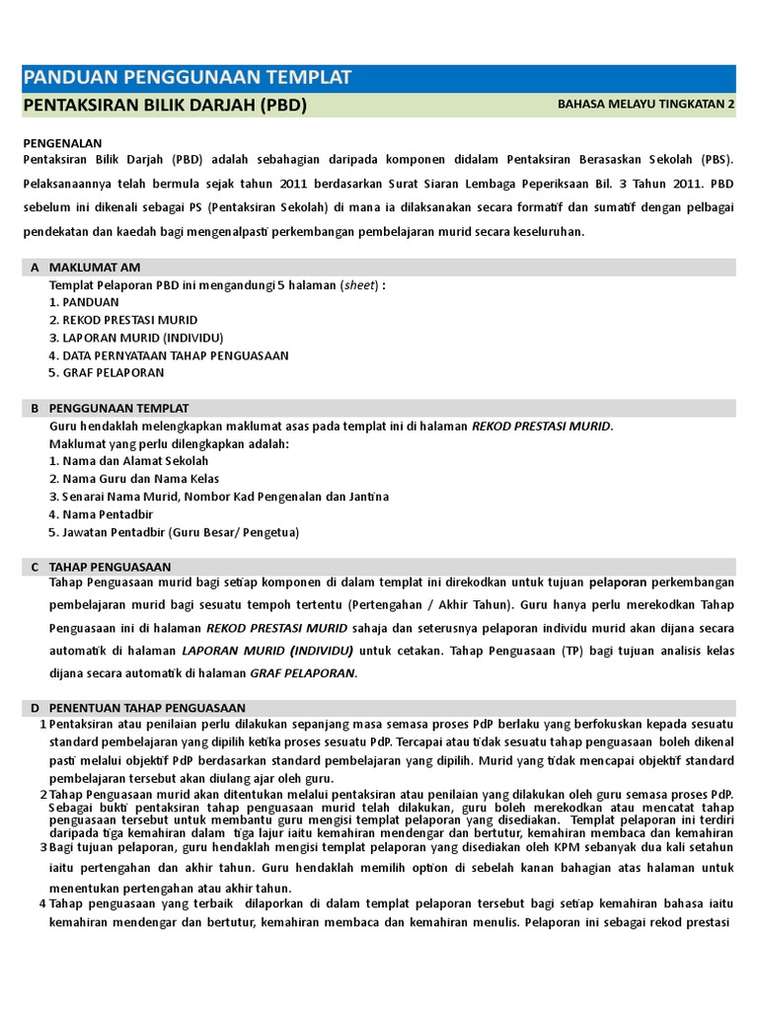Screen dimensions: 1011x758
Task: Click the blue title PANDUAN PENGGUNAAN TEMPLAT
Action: [x=187, y=78]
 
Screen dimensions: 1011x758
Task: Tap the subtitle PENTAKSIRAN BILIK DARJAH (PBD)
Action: [x=164, y=106]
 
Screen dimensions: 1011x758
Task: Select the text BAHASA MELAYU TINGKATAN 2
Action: [x=645, y=106]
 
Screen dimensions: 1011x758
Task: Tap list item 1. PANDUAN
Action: [x=84, y=302]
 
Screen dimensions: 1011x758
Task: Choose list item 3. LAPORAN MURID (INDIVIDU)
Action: [x=136, y=338]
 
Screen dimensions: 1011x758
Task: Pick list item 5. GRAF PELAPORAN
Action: [x=107, y=373]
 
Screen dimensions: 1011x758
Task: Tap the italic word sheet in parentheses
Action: [x=358, y=285]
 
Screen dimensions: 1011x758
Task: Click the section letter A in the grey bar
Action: [x=35, y=268]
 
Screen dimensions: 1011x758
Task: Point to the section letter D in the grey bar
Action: [x=35, y=708]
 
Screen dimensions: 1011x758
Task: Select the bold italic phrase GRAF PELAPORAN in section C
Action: [x=302, y=673]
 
